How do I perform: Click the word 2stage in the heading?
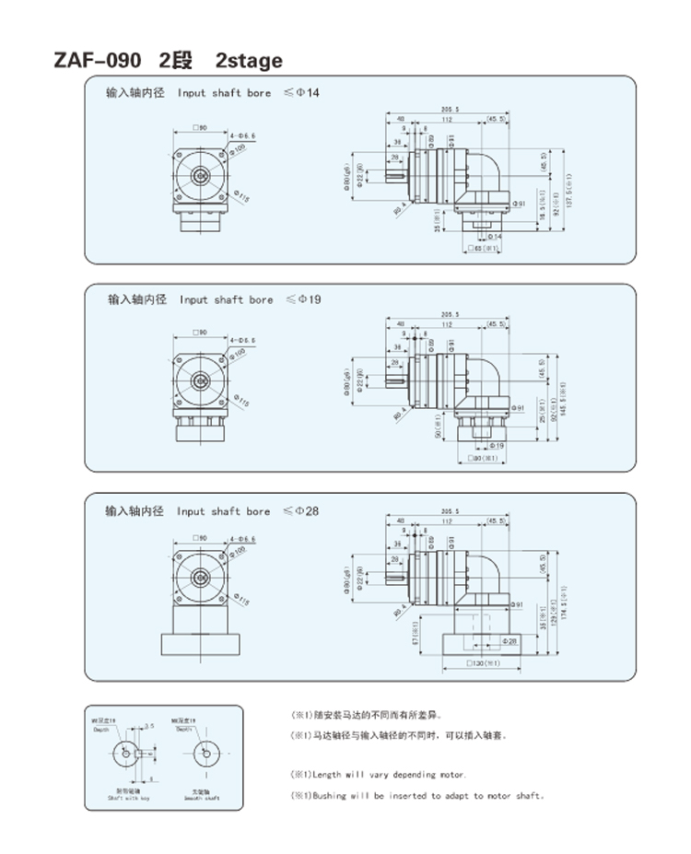[x=249, y=61]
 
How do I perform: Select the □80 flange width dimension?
[x=483, y=458]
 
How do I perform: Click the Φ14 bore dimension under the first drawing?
[x=494, y=237]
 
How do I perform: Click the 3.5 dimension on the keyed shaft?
[x=148, y=727]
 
